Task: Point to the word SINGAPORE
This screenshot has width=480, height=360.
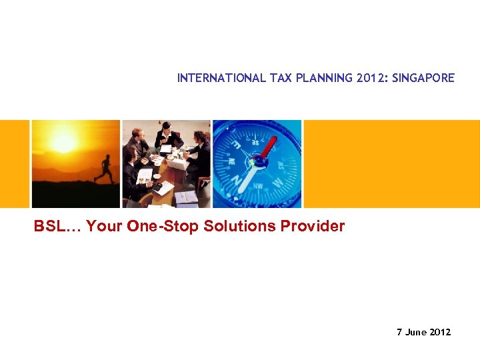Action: click(x=423, y=78)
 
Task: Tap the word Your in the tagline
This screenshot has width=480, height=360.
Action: click(x=104, y=226)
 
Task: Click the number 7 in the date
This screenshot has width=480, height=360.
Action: click(x=399, y=332)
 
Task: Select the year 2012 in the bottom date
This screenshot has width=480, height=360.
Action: click(x=440, y=332)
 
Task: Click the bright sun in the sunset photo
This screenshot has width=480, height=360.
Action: click(x=63, y=142)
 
